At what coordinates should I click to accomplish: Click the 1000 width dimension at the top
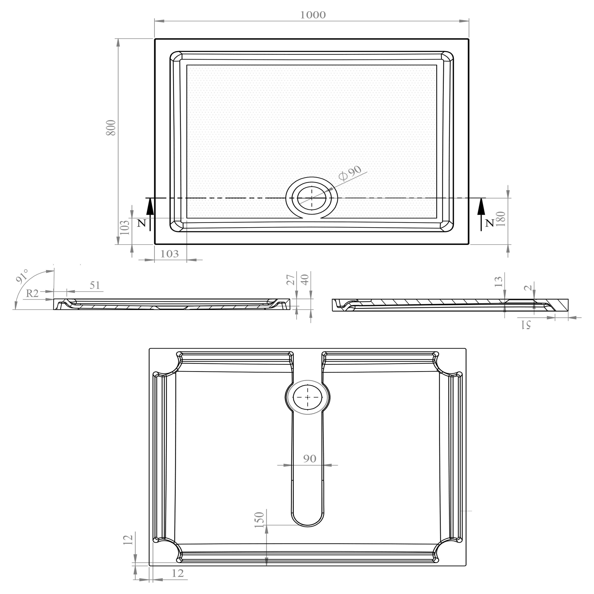[313, 15]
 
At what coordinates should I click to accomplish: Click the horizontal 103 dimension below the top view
[169, 254]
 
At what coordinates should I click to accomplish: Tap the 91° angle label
[22, 276]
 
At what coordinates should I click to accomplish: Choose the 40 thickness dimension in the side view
[305, 280]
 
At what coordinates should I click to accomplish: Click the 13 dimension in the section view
[498, 281]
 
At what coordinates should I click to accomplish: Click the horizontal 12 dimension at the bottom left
[178, 573]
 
